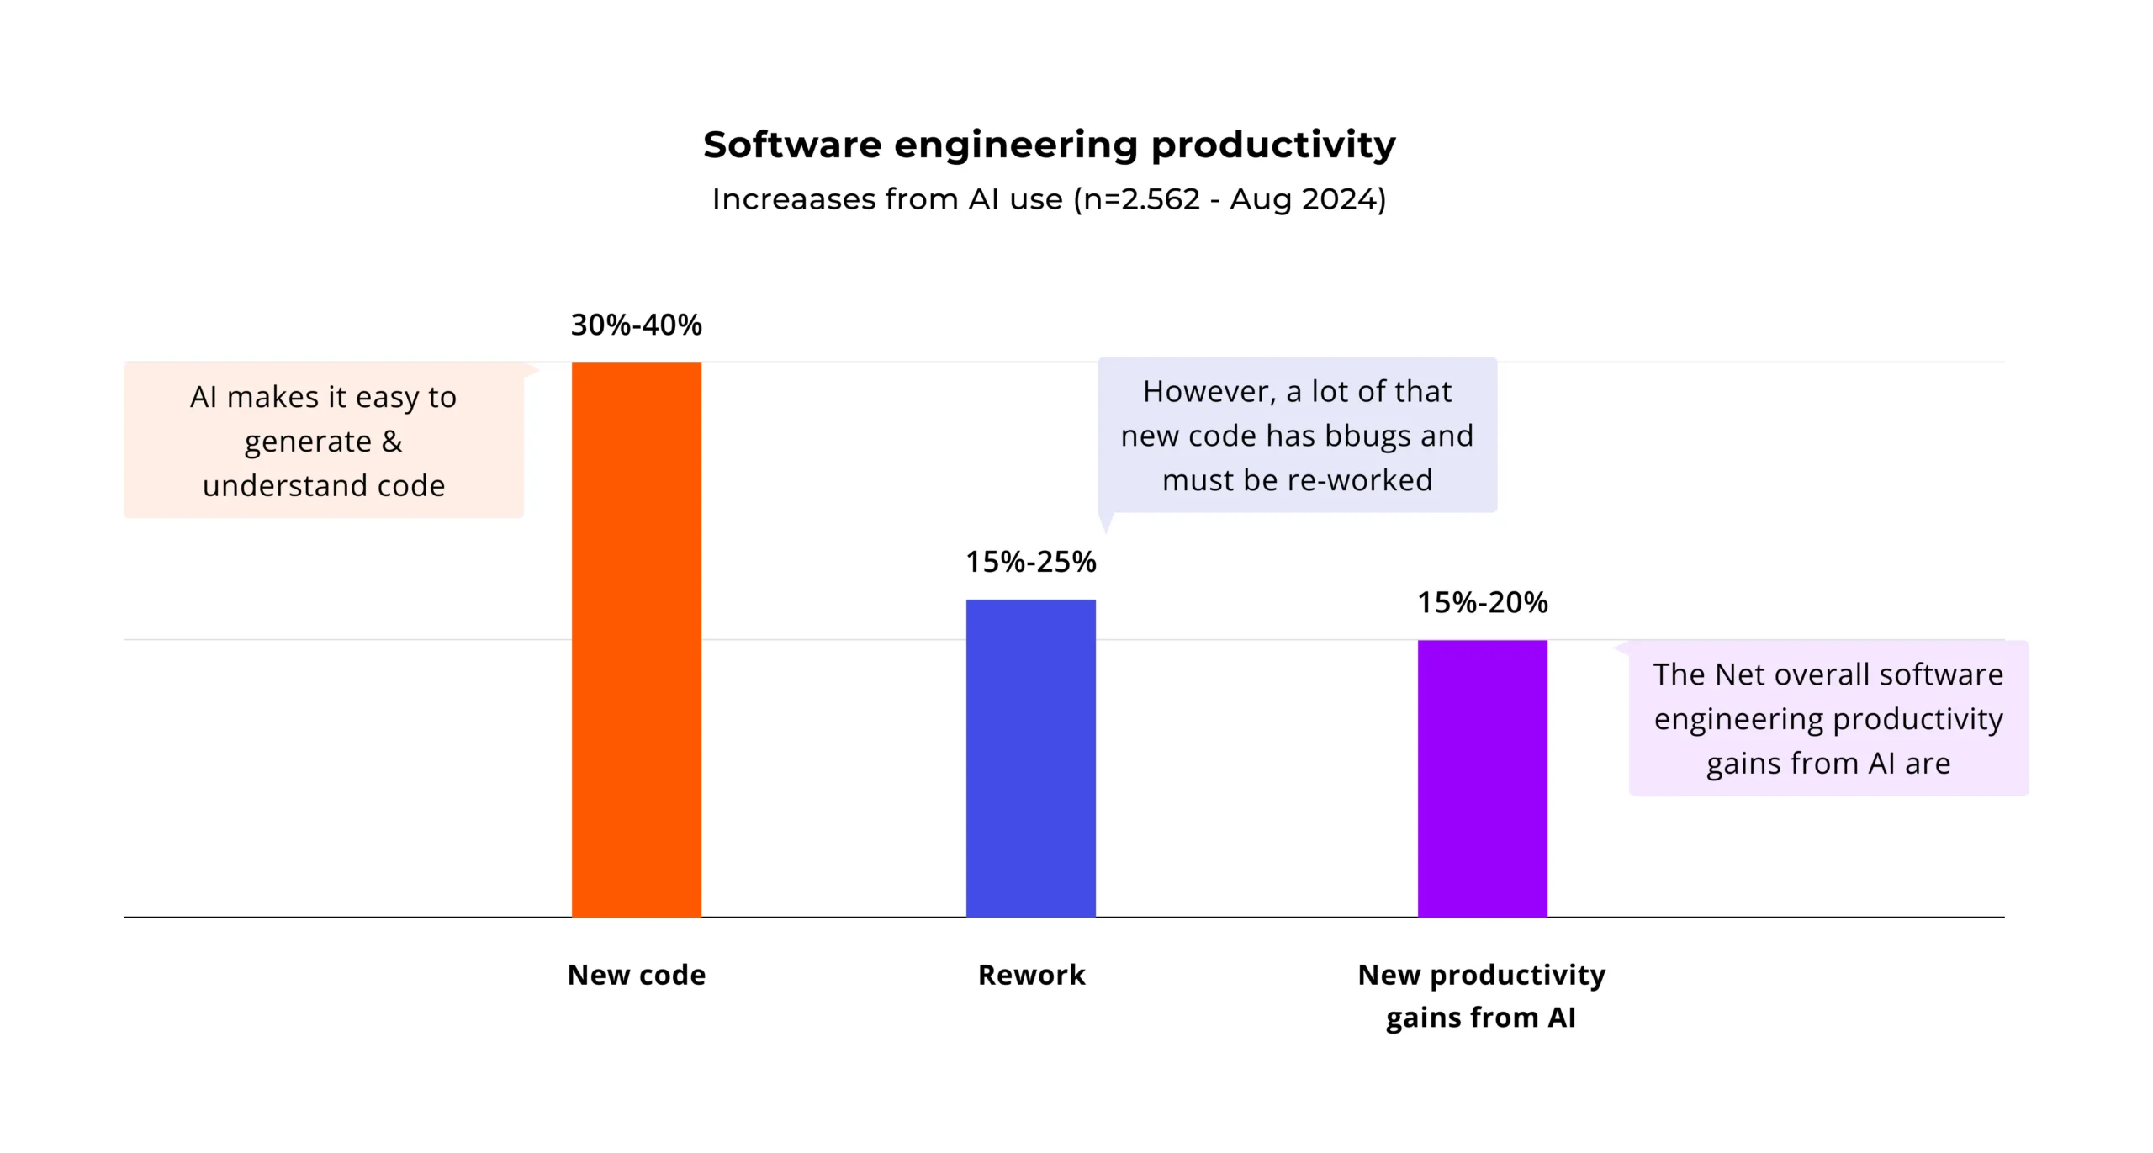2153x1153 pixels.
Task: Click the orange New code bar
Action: coord(636,639)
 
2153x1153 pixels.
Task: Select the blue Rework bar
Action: coord(1030,758)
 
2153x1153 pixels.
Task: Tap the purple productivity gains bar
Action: coord(1482,778)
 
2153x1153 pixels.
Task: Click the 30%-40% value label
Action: coord(636,325)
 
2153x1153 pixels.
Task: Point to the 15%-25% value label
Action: coord(1030,562)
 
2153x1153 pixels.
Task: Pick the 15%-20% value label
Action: coord(1482,602)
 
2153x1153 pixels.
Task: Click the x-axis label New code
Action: coord(636,975)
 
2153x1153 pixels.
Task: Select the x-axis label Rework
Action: coord(1031,975)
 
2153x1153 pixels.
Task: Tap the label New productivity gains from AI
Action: coord(1481,996)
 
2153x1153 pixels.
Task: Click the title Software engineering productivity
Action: coord(1049,145)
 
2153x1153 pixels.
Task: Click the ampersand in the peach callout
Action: coord(391,442)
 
